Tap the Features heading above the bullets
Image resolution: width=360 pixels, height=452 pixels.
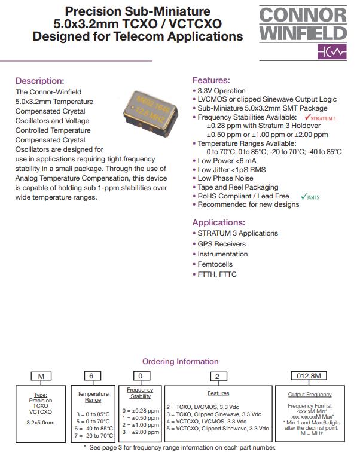coord(211,80)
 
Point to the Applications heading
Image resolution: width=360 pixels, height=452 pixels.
coord(220,222)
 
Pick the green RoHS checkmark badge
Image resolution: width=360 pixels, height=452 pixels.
coord(310,196)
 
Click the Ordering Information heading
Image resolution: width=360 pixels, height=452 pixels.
coord(180,361)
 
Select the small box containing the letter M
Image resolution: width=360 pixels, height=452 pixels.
coord(41,376)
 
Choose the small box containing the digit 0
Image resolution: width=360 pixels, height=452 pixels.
coord(141,376)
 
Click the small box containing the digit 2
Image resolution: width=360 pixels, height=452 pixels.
coord(218,376)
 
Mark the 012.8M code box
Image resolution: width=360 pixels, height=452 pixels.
coord(309,376)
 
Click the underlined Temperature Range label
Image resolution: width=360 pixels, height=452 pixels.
coord(93,397)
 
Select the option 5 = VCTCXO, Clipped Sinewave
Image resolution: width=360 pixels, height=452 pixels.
coord(218,429)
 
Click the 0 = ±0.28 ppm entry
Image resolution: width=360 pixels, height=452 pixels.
coord(141,411)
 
